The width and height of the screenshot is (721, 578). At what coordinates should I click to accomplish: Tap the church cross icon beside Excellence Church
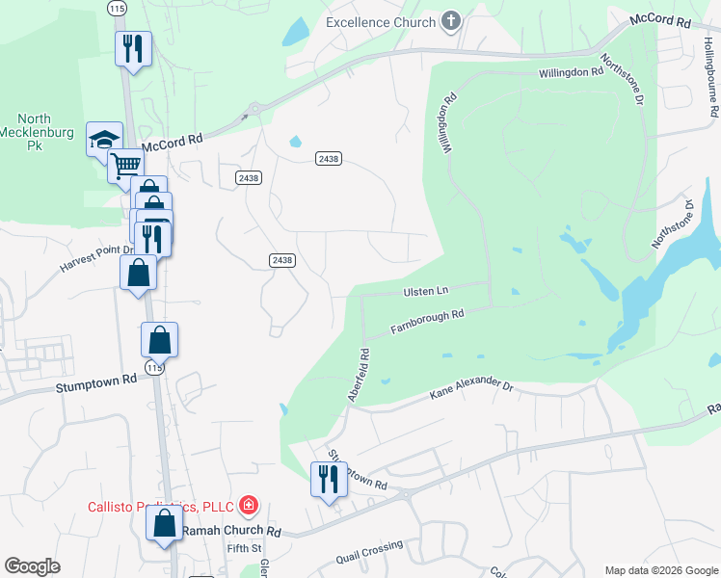coord(450,22)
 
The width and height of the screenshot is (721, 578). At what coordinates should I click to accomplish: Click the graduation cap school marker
coord(104,141)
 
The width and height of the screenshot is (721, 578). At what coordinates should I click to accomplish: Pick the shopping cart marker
coord(125,166)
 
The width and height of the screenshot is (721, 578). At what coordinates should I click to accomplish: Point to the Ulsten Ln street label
coord(424,291)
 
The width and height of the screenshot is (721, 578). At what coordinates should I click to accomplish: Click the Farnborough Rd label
coord(427,322)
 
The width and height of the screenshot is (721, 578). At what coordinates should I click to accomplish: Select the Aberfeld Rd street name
coord(358,375)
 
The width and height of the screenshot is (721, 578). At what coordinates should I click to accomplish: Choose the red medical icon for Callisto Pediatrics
coord(249,505)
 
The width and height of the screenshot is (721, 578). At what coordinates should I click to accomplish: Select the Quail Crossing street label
coord(369,553)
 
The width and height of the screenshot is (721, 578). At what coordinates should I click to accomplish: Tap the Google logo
coord(32,566)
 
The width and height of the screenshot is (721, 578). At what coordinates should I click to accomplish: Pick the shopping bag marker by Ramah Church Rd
coord(164,524)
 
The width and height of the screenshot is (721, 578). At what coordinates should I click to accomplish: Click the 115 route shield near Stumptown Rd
coord(155,368)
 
